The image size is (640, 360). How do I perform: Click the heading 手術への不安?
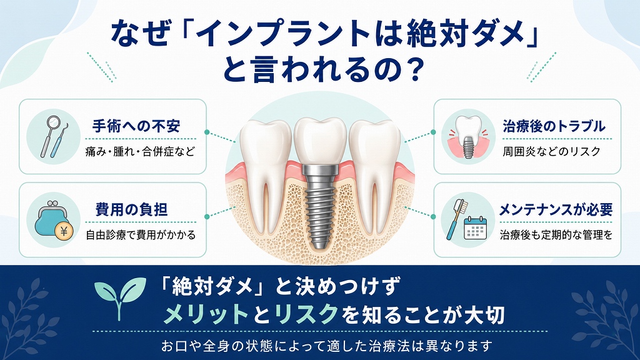(136, 126)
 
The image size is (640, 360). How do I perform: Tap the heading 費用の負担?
(131, 209)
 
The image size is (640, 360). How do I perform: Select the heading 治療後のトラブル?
(554, 126)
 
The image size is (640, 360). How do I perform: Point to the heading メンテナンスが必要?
(556, 209)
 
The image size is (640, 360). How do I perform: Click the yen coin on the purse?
(64, 232)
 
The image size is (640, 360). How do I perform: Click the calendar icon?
(476, 227)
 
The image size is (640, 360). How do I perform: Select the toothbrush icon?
(456, 219)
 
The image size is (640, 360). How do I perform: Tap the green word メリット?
(206, 314)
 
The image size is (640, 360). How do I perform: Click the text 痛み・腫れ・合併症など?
(140, 151)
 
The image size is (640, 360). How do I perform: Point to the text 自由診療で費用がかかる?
(141, 235)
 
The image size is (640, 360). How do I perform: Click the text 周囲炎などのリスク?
(551, 151)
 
